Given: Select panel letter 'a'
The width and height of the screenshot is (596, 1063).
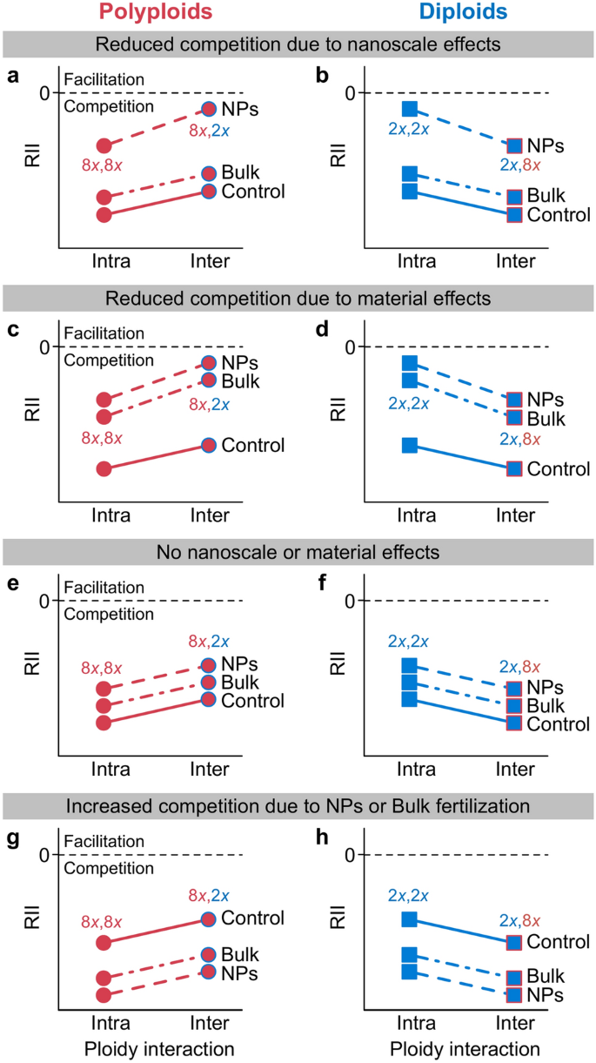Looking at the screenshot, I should click(12, 76).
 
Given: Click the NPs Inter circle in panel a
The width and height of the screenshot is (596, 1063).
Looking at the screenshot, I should click(209, 109).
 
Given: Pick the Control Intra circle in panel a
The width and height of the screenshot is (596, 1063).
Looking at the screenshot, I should click(104, 214).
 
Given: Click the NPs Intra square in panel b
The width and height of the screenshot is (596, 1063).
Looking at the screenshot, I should click(410, 109).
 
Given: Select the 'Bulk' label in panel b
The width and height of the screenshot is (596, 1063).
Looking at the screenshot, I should click(546, 196).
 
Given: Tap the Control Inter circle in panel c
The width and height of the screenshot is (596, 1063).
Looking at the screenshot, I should click(209, 445).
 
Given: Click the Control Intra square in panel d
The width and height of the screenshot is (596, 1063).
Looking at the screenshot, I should click(410, 446).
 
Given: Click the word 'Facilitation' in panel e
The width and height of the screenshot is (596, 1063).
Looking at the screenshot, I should click(104, 588).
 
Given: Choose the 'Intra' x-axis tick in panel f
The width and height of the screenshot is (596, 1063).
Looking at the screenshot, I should click(417, 769).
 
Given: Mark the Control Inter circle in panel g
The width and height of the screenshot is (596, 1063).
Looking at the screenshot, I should click(209, 918).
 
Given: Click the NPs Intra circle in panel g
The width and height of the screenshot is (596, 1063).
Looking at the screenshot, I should click(104, 994).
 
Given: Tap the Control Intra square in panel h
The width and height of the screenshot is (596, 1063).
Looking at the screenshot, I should click(410, 919).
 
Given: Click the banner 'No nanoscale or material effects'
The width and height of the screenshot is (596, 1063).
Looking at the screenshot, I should click(298, 551).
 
